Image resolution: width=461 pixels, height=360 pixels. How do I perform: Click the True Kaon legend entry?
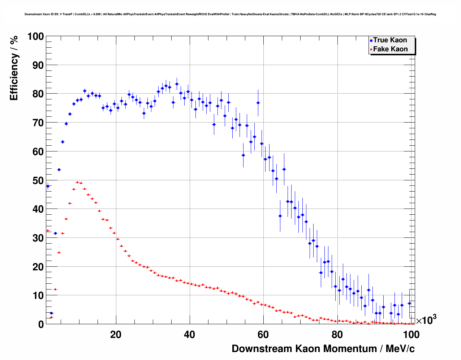click(x=389, y=40)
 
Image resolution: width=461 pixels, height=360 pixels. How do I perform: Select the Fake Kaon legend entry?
click(x=390, y=49)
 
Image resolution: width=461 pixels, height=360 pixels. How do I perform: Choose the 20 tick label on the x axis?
click(x=116, y=335)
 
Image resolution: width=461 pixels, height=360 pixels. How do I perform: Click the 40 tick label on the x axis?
click(x=189, y=335)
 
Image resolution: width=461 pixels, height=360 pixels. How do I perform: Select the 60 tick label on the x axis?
click(x=263, y=335)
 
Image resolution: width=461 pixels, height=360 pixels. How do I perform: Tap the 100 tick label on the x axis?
click(x=411, y=335)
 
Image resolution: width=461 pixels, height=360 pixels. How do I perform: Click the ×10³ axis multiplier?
click(x=426, y=320)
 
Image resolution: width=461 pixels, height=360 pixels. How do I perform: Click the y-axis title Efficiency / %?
click(x=14, y=68)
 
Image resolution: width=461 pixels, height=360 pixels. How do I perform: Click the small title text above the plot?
click(x=230, y=14)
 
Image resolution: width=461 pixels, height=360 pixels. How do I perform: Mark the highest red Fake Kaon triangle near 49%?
click(x=77, y=183)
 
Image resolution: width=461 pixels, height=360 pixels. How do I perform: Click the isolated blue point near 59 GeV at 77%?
click(x=258, y=103)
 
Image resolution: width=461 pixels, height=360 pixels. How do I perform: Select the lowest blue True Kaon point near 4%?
click(x=52, y=313)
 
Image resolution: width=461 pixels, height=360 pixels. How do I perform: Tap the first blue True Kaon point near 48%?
click(x=48, y=187)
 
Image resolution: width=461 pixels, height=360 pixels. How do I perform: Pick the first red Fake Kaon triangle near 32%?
click(x=48, y=230)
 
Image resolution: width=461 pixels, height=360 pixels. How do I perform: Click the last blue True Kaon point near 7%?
click(x=409, y=304)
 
